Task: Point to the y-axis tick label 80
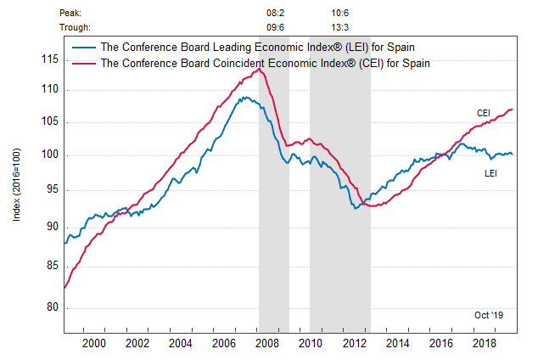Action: (50, 307)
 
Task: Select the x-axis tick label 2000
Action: (93, 342)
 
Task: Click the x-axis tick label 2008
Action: (267, 342)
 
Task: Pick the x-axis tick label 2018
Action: (485, 342)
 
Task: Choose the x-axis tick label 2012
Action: (354, 342)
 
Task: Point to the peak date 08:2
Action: (275, 13)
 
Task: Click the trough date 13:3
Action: (341, 26)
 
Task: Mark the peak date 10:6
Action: (341, 13)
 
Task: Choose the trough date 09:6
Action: (275, 26)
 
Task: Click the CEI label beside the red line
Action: (484, 113)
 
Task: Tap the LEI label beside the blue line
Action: (490, 173)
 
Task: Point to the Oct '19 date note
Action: (489, 315)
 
